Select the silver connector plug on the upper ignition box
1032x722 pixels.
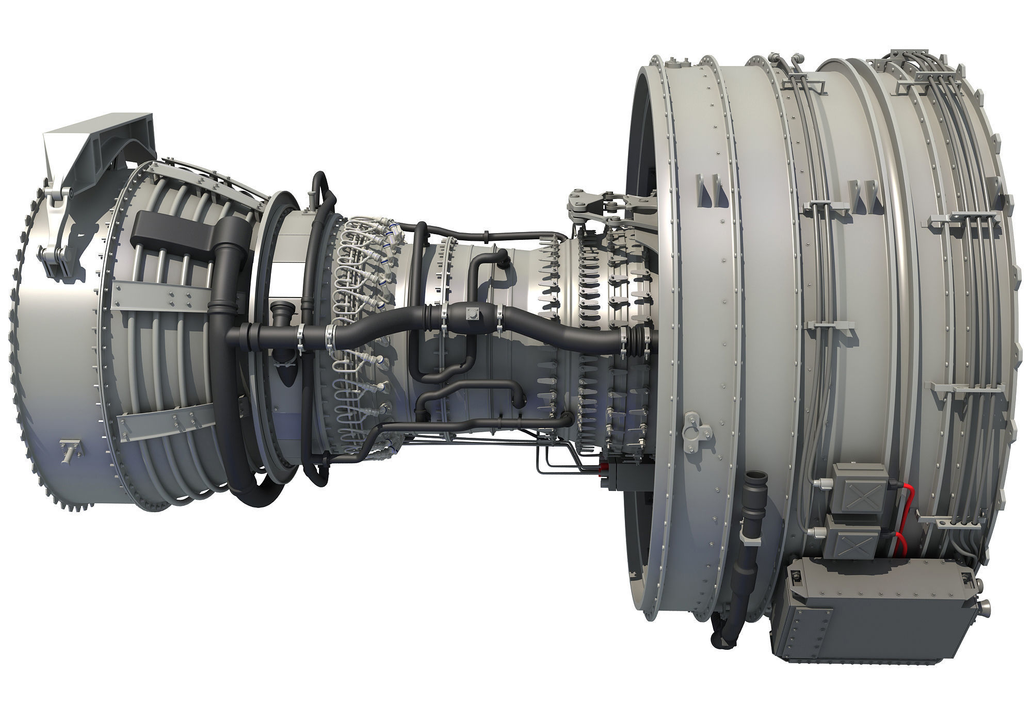coord(817,483)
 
